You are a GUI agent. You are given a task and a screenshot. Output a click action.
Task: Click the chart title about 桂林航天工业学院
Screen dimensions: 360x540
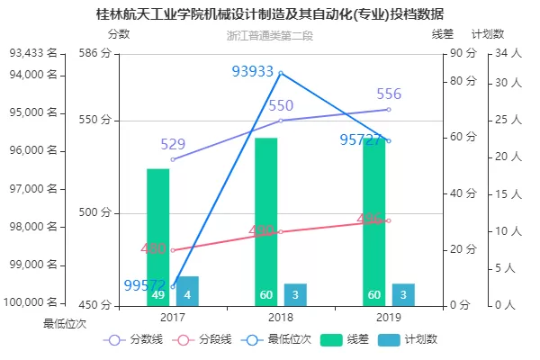[270, 15]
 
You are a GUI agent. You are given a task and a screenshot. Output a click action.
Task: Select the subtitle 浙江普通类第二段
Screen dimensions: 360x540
[270, 37]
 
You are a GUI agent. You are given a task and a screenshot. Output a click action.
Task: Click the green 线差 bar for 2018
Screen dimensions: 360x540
[266, 220]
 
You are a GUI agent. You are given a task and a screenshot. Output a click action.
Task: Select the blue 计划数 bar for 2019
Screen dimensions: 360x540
[403, 295]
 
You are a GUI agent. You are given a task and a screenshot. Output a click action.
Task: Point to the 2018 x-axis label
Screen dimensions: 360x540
[281, 317]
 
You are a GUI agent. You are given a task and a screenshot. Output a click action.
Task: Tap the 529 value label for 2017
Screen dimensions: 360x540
[173, 144]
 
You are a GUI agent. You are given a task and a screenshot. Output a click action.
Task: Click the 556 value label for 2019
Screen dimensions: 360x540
[389, 94]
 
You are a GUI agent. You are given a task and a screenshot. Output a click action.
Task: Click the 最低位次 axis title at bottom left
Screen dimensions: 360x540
[64, 322]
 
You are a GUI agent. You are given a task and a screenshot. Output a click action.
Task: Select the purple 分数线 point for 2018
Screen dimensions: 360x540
[281, 121]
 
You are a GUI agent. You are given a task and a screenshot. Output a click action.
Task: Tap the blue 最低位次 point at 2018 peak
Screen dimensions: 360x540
[281, 73]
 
